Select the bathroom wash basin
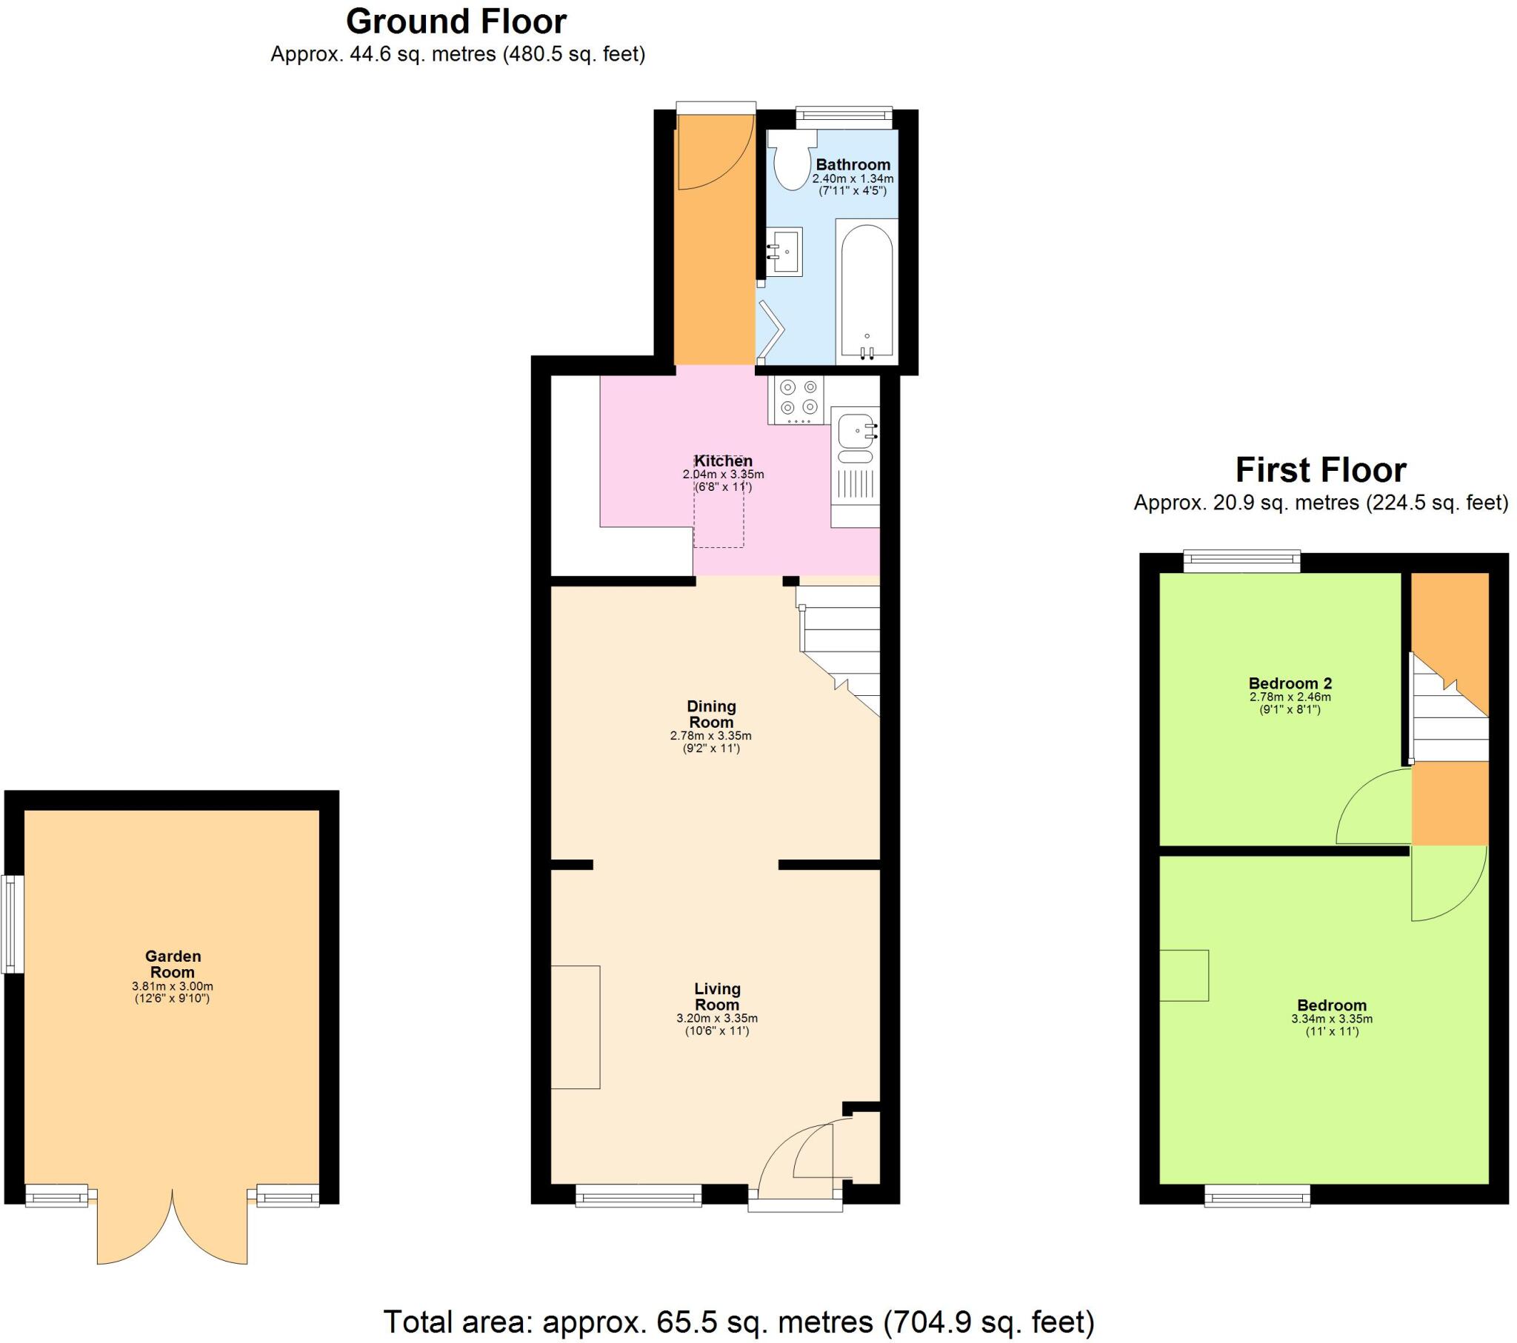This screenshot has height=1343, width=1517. pos(784,251)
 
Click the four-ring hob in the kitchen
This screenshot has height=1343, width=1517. pos(798,399)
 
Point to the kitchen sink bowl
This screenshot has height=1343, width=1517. pos(855,429)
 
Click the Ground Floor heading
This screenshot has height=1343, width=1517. pos(456,22)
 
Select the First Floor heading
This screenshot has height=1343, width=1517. pos(1320,469)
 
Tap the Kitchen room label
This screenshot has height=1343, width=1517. pos(723,460)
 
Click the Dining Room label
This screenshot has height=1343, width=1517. pos(711,714)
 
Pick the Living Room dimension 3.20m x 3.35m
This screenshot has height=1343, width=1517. pos(717,1018)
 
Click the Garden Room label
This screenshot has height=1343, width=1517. pos(173,964)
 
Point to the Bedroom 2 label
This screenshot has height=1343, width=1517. pos(1290,683)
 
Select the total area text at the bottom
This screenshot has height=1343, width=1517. pos(739,1322)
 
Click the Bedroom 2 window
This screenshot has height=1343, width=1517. pos(1241,561)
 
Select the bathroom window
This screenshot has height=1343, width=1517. pos(844,114)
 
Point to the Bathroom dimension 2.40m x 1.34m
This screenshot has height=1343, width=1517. pos(853,179)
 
